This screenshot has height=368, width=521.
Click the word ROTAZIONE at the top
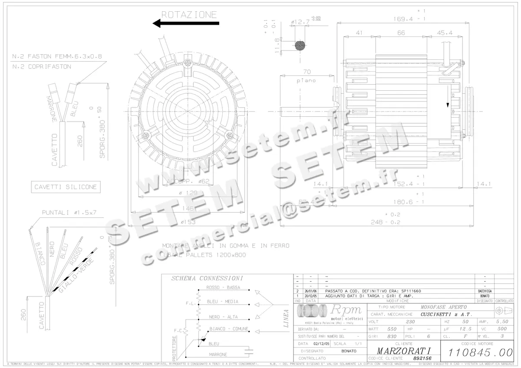[189, 14]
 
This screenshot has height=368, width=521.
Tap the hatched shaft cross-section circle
[300, 45]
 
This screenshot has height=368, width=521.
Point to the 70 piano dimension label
[307, 72]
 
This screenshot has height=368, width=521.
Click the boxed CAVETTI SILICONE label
[65, 187]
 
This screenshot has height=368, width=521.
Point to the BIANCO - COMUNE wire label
[228, 329]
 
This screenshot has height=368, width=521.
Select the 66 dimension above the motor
[401, 33]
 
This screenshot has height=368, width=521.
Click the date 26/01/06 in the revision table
[311, 291]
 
